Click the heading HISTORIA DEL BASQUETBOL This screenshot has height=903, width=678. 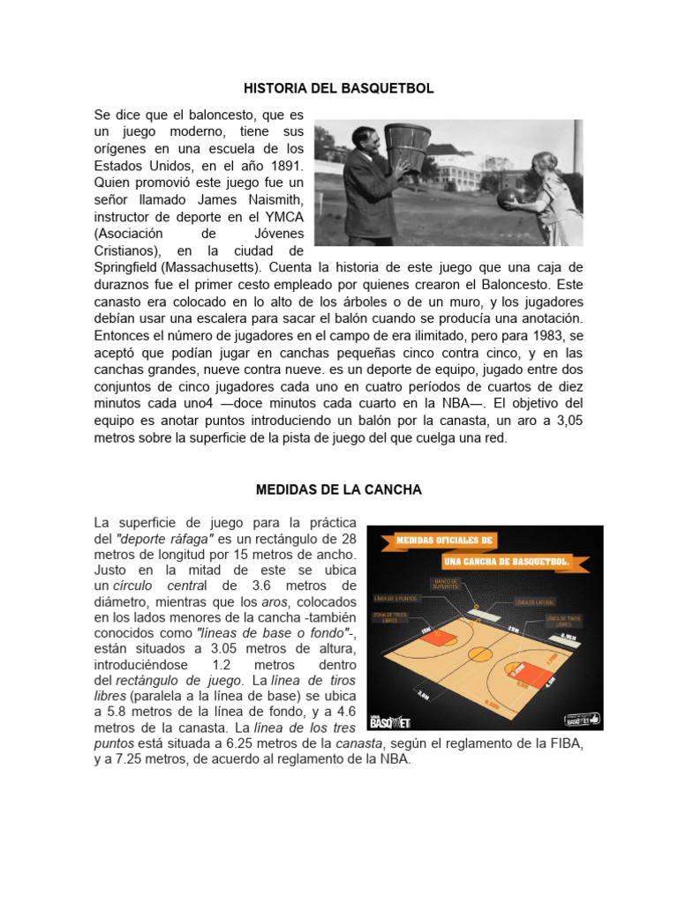pyautogui.click(x=339, y=89)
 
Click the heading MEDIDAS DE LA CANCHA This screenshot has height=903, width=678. pyautogui.click(x=339, y=489)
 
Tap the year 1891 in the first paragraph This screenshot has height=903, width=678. pyautogui.click(x=285, y=165)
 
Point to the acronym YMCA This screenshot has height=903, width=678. pyautogui.click(x=284, y=215)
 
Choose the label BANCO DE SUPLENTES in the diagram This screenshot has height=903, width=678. pyautogui.click(x=443, y=585)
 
